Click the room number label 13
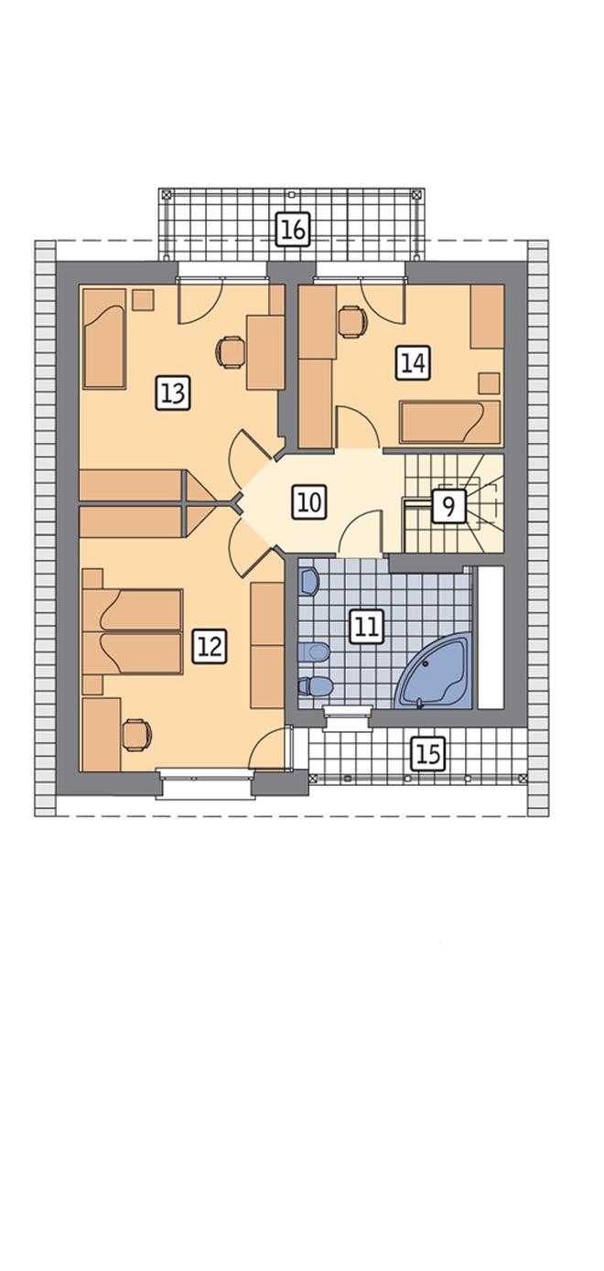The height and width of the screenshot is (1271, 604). coord(173,393)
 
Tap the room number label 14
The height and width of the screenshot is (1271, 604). coord(413,362)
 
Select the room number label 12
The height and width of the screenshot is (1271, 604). coord(210,646)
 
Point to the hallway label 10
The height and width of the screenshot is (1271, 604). coord(309,502)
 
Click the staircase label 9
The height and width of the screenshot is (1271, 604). coord(448,505)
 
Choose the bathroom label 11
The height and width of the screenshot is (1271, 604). coord(367,627)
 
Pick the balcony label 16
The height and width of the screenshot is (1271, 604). coord(294,230)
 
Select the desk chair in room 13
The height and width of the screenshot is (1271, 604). coord(231,352)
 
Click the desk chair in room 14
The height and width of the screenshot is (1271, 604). coord(352,321)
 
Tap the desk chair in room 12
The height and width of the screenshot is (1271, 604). coord(138,735)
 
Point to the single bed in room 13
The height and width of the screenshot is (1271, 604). coord(104,339)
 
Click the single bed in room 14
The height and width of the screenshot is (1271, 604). coord(450,422)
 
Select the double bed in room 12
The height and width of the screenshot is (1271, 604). coord(133,631)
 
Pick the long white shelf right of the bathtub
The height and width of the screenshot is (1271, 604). coord(491,637)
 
